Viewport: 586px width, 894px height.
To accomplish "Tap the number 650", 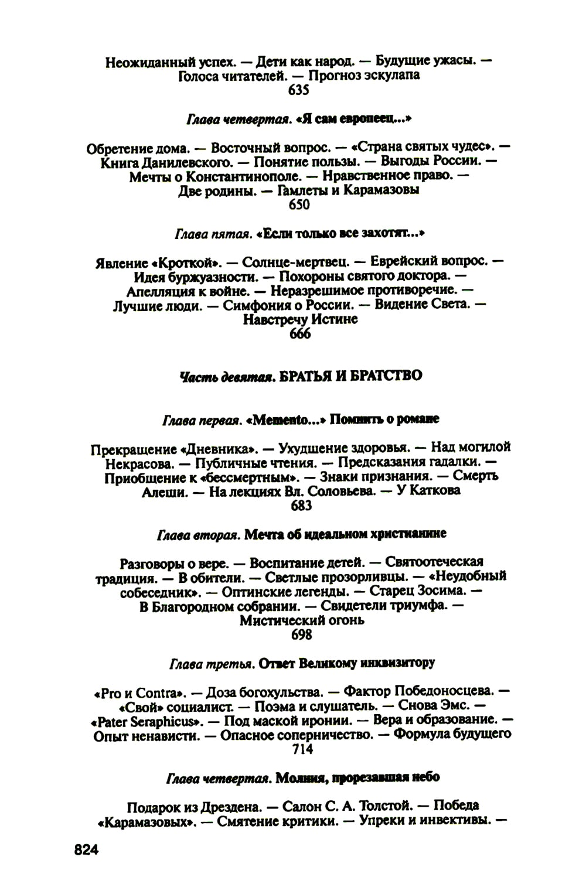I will pos(299,204).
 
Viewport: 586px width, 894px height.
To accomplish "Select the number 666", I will pos(300,334).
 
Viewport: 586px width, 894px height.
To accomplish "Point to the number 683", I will pos(301,506).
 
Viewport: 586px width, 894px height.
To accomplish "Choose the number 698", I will pos(301,634).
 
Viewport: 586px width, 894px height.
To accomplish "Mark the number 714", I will pos(301,749).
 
